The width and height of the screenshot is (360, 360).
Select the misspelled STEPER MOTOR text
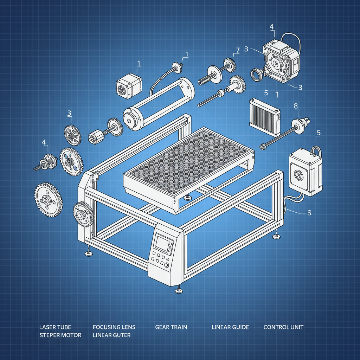[x=60, y=335]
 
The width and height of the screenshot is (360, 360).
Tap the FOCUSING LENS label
[x=114, y=327]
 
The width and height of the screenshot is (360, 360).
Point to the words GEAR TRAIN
[x=171, y=327]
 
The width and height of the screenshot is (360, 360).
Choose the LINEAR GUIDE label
[x=230, y=327]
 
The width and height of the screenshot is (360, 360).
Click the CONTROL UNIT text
[x=283, y=327]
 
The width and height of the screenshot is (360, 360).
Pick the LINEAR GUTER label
[x=111, y=335]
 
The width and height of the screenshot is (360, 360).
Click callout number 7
[x=237, y=50]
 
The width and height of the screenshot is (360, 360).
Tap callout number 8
[x=295, y=105]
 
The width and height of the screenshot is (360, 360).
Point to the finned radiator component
[x=264, y=113]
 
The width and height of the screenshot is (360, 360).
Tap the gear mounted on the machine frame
[x=83, y=214]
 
